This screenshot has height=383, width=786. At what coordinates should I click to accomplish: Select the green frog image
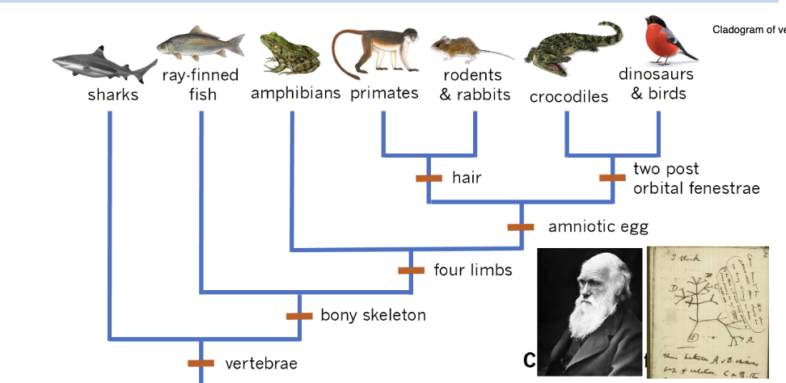coord(289,53)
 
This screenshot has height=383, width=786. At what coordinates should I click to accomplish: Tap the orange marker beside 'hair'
coord(429,178)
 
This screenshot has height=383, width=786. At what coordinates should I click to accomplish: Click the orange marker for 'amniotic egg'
coord(521,227)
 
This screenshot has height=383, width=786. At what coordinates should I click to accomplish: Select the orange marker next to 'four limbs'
coord(411,270)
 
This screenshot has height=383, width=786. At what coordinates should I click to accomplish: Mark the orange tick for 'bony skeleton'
coord(299,315)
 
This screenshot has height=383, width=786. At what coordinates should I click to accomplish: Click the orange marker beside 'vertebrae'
coord(201,364)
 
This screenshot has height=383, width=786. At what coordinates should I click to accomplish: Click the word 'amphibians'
coord(295,93)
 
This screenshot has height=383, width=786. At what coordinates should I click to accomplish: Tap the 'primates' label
coord(384,93)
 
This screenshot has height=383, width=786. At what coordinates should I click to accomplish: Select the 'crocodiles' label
coord(568,97)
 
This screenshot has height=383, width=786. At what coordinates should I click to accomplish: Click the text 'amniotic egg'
coord(598,227)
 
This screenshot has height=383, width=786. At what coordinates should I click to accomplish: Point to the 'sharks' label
coord(113,95)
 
